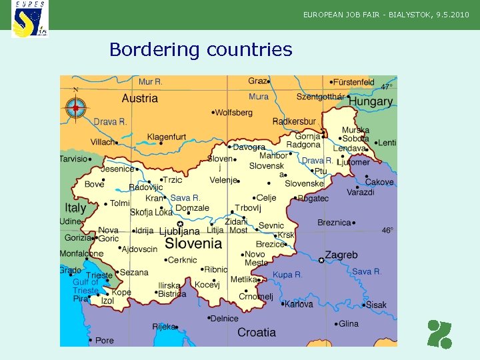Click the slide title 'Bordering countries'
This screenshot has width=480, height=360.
point(201,49)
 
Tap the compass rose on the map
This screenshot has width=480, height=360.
point(75,107)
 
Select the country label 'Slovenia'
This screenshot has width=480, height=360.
point(193,244)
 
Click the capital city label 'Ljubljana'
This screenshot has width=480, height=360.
point(179,231)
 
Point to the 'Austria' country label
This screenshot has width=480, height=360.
point(140,99)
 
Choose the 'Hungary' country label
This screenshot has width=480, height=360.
point(371,102)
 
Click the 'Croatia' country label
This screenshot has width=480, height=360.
point(257,332)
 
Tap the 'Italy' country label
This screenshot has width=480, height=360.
point(75,207)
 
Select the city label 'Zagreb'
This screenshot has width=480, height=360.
point(341,255)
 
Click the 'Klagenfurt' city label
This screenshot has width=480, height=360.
point(167,137)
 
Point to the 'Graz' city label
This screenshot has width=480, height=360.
point(257,81)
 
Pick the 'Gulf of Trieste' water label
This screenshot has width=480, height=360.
point(85,286)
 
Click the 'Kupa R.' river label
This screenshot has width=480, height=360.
point(287,275)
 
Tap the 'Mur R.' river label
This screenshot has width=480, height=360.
point(151,82)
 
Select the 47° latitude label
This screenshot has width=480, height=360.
point(387,87)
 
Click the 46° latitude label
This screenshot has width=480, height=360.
point(387,231)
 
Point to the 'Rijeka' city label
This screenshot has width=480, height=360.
point(164,327)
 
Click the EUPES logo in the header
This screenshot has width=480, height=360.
point(30,19)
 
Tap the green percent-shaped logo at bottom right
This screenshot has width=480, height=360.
point(440,334)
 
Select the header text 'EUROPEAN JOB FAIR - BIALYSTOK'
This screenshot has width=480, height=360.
point(367,14)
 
